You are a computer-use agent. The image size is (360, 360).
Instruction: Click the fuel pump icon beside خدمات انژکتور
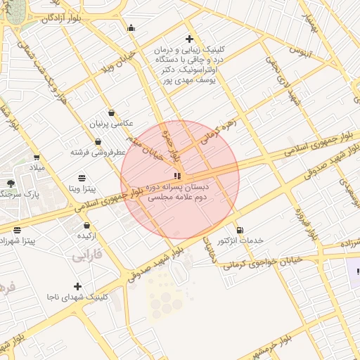point(240,230)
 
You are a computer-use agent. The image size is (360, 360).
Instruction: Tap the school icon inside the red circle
point(176,175)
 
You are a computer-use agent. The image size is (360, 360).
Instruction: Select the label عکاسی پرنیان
point(111,124)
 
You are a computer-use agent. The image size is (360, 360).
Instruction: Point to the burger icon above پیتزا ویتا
point(82,177)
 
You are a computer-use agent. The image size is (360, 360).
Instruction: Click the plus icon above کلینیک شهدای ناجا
point(77,286)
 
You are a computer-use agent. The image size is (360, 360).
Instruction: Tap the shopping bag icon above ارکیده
point(86,226)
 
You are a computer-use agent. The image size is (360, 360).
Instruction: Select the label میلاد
point(36,169)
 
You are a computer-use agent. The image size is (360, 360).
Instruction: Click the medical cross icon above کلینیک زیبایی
point(188,39)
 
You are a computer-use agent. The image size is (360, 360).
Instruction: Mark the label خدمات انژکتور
point(241,240)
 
